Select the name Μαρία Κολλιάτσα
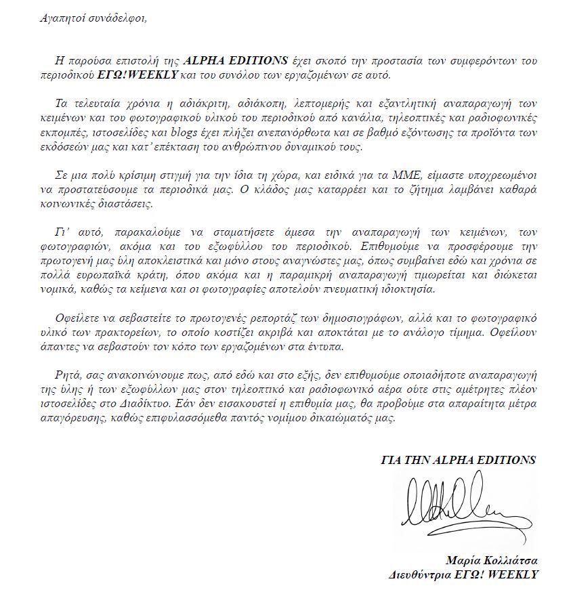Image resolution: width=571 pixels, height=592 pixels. coord(492,561)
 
